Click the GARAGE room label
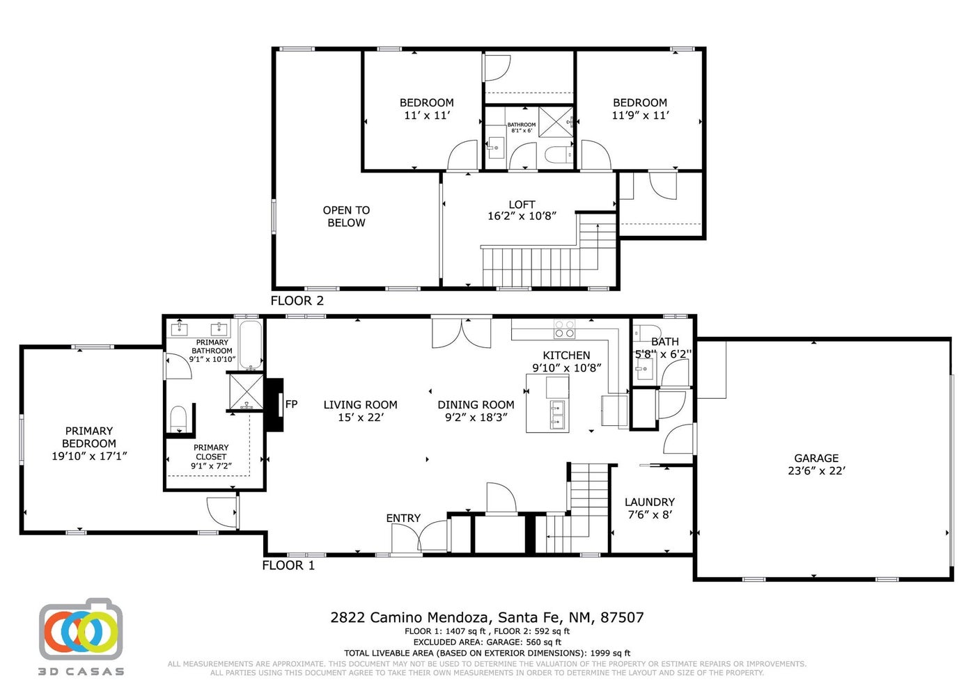pos(816,458)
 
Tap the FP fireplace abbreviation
pos(291,404)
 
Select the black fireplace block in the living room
pos(274,405)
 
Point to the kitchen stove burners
pos(564,328)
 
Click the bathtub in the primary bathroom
pos(251,344)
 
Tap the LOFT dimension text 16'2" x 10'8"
pos(522,216)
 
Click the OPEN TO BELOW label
pos(347,216)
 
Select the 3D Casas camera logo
pos(81,629)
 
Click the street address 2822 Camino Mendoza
pos(411,618)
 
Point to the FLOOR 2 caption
pos(297,301)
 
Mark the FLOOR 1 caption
pos(288,565)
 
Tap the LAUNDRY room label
pos(649,502)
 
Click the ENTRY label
pos(403,518)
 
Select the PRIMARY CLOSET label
pos(211,452)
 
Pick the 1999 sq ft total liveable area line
pos(487,653)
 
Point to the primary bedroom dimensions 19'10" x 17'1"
pos(89,457)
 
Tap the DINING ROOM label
pos(476,404)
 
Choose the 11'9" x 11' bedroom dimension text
pos(640,116)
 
